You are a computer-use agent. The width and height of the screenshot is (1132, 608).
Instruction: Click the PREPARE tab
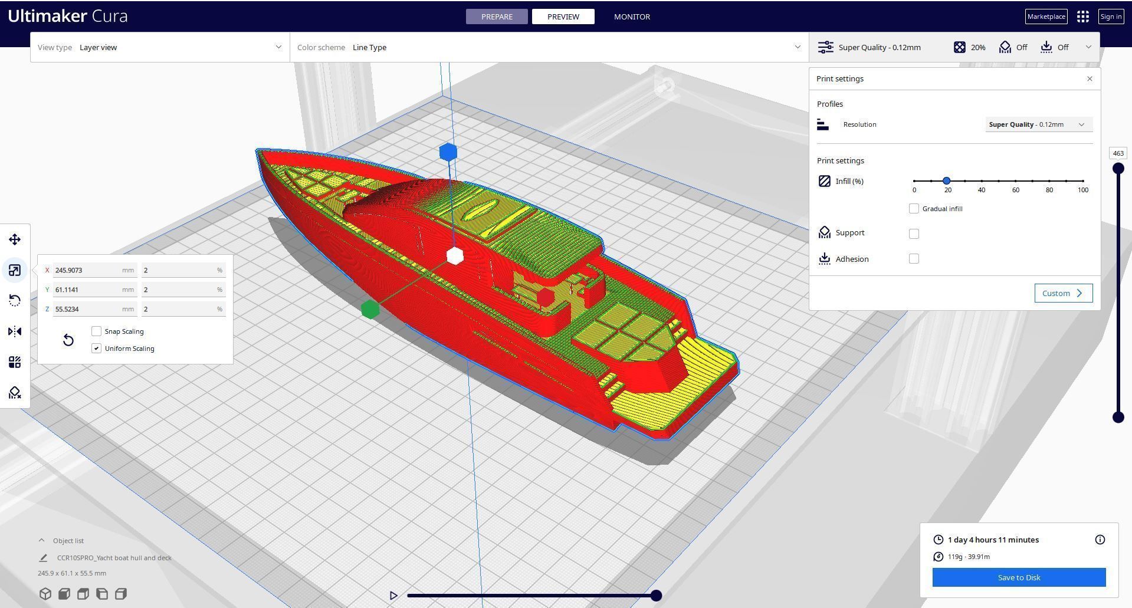pos(497,17)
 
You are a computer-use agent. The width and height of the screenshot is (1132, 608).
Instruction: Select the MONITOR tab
pos(632,17)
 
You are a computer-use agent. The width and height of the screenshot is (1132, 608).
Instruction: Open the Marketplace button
pos(1046,17)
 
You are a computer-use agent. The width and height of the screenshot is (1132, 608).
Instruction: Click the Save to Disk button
pos(1019,577)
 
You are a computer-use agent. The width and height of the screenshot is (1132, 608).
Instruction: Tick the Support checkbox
pos(914,234)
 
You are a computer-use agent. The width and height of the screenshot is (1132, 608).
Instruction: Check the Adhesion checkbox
pos(914,259)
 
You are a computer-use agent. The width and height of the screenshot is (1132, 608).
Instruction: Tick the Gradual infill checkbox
pos(914,209)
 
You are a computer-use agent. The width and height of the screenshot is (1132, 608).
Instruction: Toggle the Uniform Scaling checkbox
pos(97,349)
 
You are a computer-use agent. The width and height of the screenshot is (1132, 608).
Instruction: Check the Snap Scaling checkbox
pos(97,331)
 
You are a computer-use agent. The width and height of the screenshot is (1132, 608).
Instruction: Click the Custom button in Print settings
pos(1063,293)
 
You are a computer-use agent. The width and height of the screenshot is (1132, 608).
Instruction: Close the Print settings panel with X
pos(1090,78)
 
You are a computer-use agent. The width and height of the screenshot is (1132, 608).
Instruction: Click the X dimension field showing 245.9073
pos(88,270)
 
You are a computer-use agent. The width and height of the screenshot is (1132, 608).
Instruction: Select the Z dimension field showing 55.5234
pos(88,309)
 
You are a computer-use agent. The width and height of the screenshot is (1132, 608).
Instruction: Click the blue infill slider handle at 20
pos(947,181)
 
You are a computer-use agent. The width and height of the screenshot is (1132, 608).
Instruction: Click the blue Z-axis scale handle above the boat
pos(448,152)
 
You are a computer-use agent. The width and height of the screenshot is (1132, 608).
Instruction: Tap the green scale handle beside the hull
pos(370,309)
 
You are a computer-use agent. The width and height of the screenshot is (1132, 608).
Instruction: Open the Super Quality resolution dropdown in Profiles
pos(1038,124)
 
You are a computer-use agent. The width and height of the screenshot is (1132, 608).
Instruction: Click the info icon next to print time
pos(1100,540)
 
